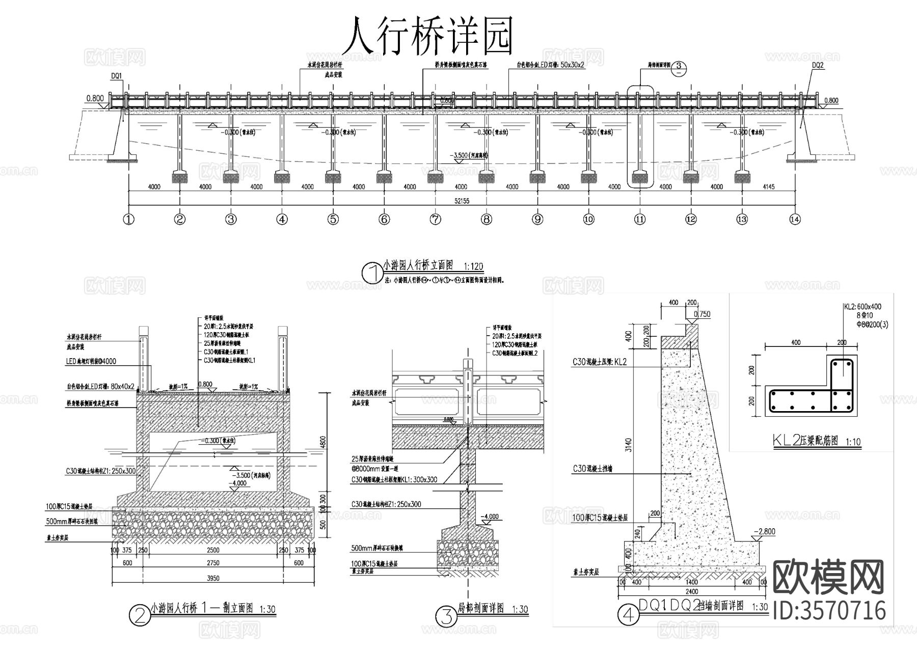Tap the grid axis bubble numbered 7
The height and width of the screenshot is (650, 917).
point(435,220)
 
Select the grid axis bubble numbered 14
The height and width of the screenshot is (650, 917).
point(794,220)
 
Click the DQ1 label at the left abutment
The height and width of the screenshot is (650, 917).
point(116,76)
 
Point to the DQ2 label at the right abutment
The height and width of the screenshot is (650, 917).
point(818,65)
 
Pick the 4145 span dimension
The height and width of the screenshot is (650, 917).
point(768,187)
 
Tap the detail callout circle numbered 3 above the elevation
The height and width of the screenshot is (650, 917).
point(679,66)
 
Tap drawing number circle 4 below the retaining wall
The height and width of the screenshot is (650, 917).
point(628,615)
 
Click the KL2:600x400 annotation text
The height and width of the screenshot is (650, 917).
point(862,307)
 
